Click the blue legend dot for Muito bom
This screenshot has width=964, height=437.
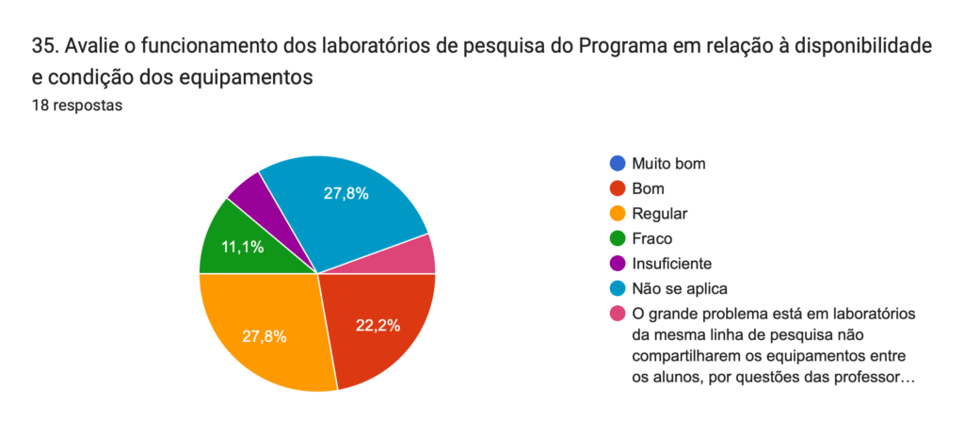(x=618, y=164)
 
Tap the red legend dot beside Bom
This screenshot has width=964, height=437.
(x=618, y=188)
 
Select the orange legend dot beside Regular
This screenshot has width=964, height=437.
(x=618, y=214)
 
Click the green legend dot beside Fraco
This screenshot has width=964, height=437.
(x=618, y=238)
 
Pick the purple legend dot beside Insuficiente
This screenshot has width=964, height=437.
(x=618, y=264)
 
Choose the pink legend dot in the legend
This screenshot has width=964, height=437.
(x=618, y=314)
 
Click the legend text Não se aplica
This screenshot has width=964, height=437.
(x=681, y=288)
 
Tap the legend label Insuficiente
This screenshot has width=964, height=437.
(x=672, y=264)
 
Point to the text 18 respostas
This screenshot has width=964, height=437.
(x=76, y=106)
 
